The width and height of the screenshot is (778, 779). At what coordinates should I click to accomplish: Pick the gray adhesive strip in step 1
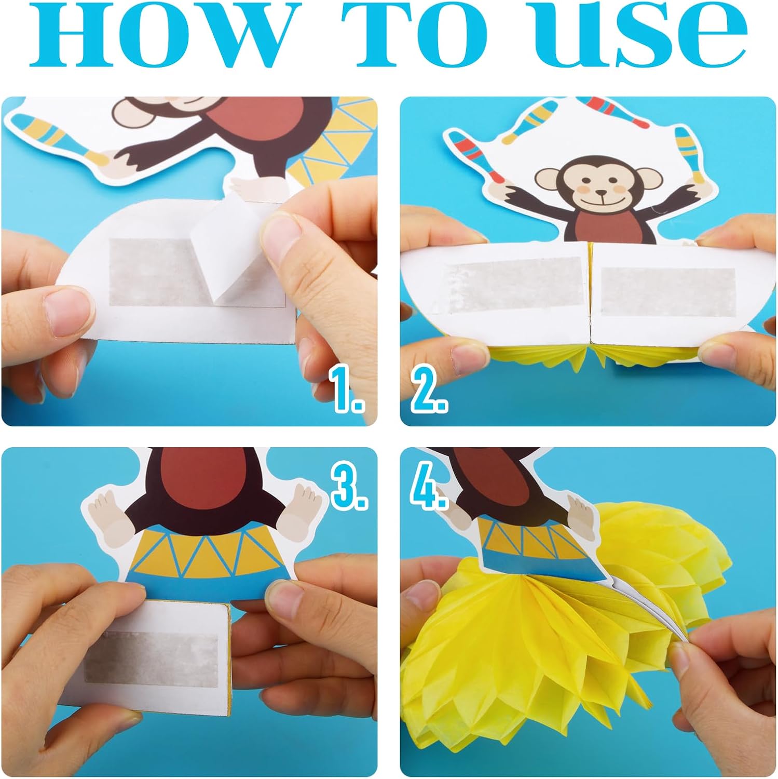click(156, 272)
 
